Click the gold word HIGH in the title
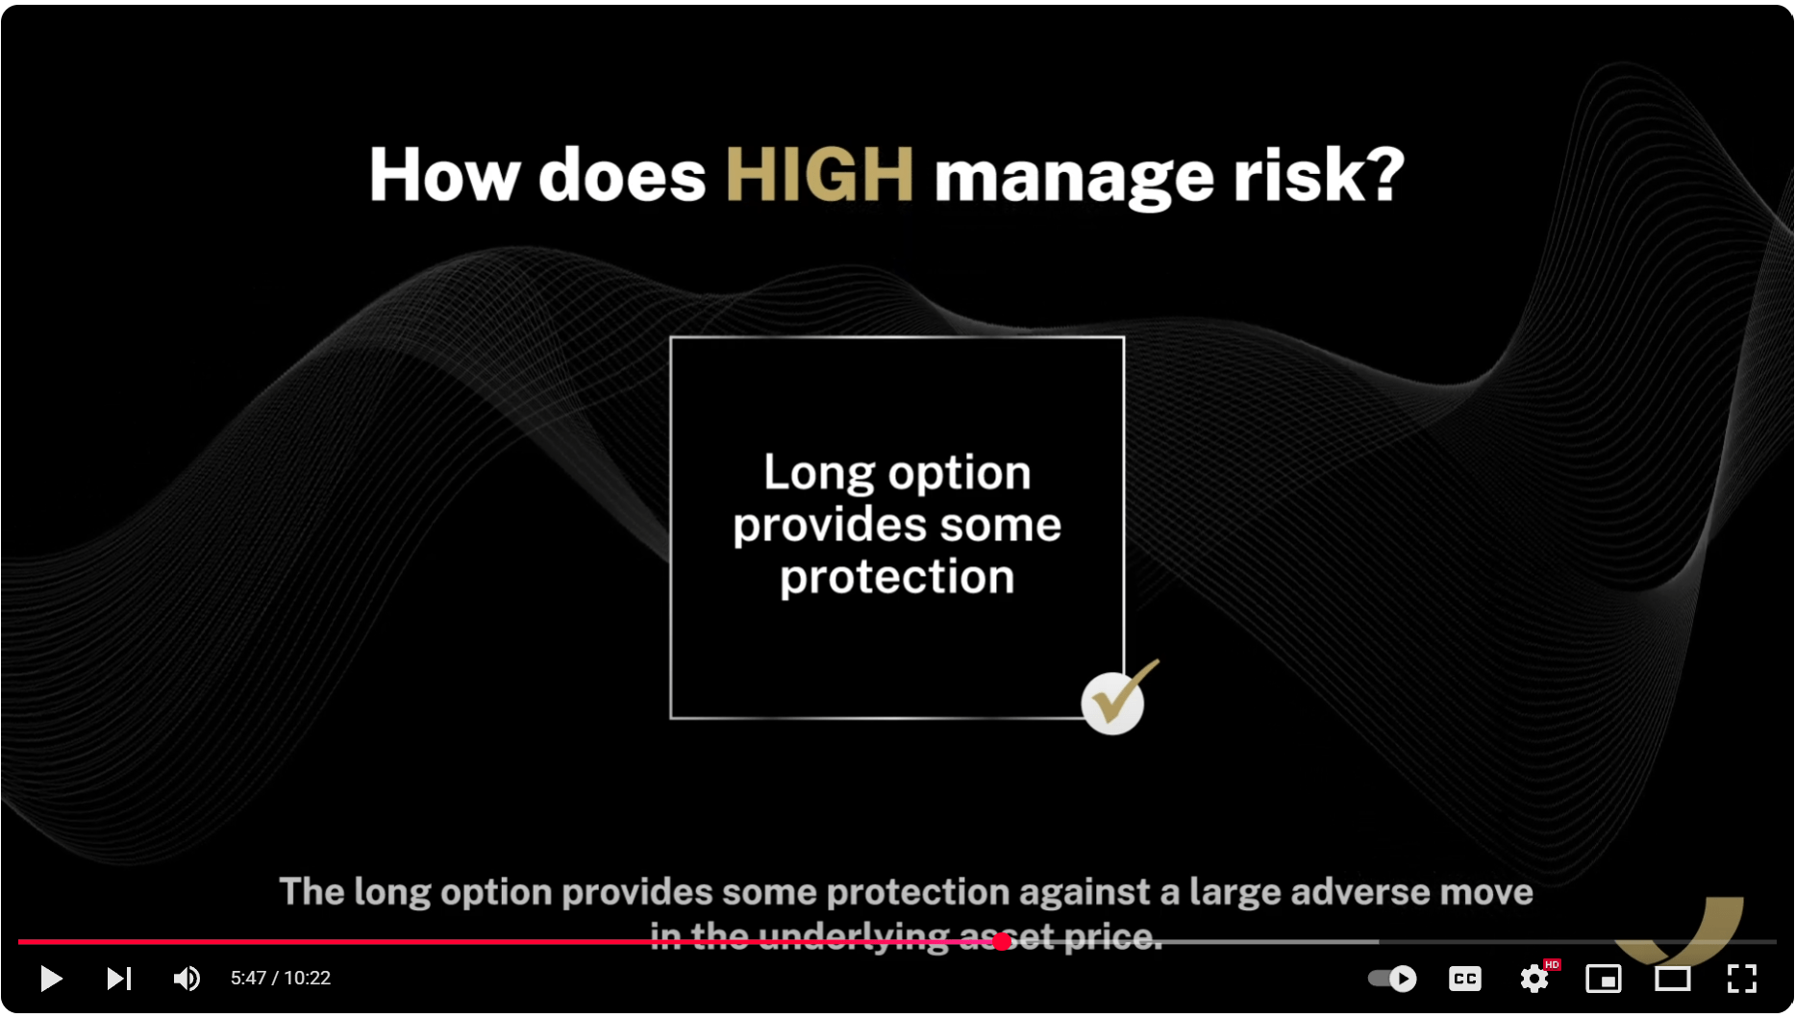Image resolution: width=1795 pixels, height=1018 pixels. pyautogui.click(x=819, y=175)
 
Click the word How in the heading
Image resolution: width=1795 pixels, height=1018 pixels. pyautogui.click(x=443, y=175)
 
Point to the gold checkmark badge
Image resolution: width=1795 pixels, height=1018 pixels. pyautogui.click(x=1115, y=699)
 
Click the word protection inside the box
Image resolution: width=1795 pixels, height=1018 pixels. pyautogui.click(x=897, y=577)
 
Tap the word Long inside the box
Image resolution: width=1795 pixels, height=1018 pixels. pyautogui.click(x=819, y=473)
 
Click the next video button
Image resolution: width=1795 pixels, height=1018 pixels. pyautogui.click(x=118, y=979)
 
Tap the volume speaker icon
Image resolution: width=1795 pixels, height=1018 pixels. pyautogui.click(x=187, y=979)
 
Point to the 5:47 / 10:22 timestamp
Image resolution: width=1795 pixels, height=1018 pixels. pyautogui.click(x=281, y=979)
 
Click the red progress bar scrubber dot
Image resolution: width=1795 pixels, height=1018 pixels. pyautogui.click(x=1002, y=942)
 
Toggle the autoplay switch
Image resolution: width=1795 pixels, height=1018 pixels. pyautogui.click(x=1392, y=979)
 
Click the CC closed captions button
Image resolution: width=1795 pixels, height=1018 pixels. pyautogui.click(x=1465, y=979)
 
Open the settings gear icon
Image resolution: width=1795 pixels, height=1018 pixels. pyautogui.click(x=1534, y=979)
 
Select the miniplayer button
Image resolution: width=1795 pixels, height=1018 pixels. pyautogui.click(x=1604, y=979)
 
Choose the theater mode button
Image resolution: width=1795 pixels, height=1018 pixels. pyautogui.click(x=1673, y=979)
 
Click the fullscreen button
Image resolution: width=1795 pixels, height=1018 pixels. pyautogui.click(x=1742, y=979)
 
